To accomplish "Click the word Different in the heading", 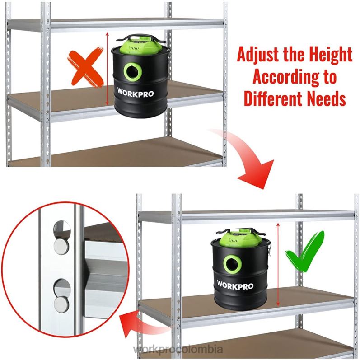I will (271, 98).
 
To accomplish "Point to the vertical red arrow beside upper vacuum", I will (107, 69).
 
